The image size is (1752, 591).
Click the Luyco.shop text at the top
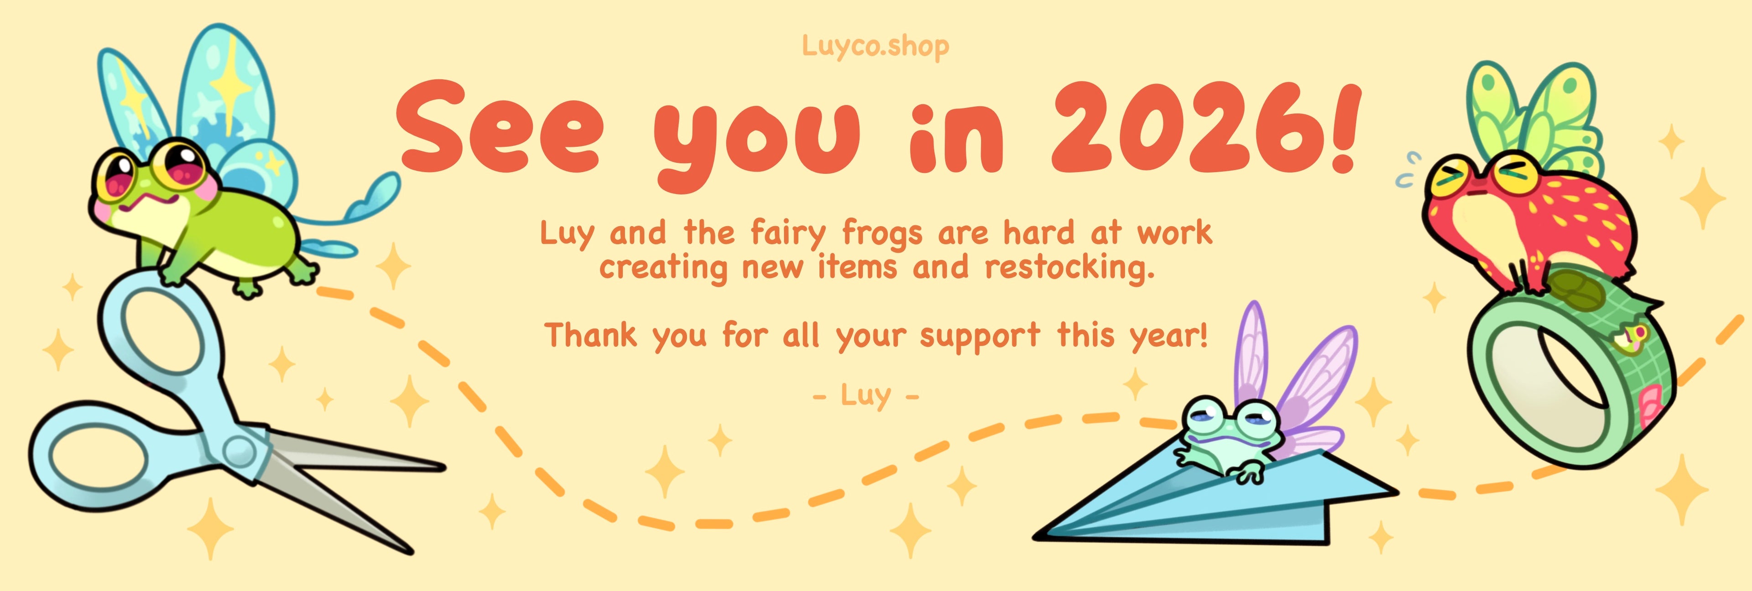click(876, 46)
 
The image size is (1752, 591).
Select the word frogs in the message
click(882, 234)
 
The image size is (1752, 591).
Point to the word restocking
click(1069, 267)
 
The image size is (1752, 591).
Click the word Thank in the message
click(590, 335)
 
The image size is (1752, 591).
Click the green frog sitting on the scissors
click(204, 218)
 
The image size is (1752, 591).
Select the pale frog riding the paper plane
click(1224, 439)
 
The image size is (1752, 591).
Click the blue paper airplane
click(1217, 500)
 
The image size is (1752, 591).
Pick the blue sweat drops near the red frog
click(1406, 170)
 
